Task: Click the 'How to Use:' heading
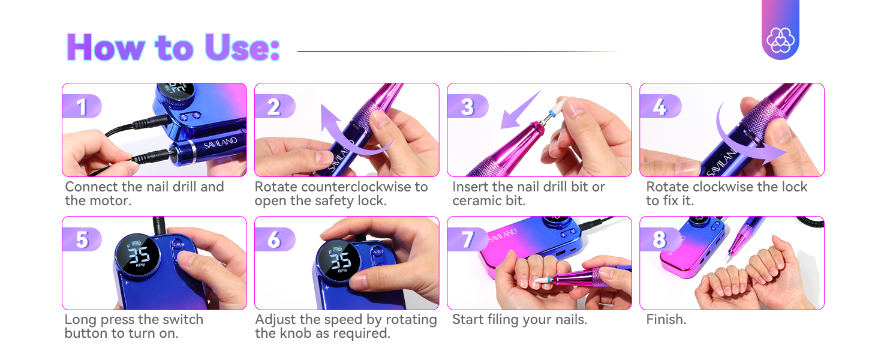[x=173, y=47]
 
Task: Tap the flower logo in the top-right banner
[x=780, y=40]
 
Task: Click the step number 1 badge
[x=82, y=107]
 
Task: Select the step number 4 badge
[x=659, y=107]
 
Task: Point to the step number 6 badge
[x=274, y=239]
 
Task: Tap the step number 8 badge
[x=659, y=239]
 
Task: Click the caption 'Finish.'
[x=666, y=320]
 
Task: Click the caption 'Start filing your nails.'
[x=519, y=320]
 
